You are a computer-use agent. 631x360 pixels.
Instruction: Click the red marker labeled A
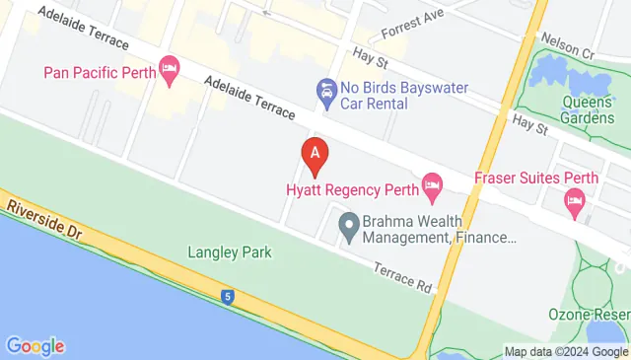click(x=315, y=154)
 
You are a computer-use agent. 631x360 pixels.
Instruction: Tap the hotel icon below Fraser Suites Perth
click(x=575, y=203)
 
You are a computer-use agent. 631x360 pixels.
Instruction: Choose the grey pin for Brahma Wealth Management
click(x=347, y=227)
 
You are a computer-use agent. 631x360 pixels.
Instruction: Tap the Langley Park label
click(x=230, y=252)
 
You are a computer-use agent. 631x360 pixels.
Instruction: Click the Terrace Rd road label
click(x=402, y=276)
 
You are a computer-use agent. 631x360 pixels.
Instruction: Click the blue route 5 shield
click(x=228, y=295)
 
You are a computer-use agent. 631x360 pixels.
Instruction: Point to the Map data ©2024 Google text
click(x=566, y=352)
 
